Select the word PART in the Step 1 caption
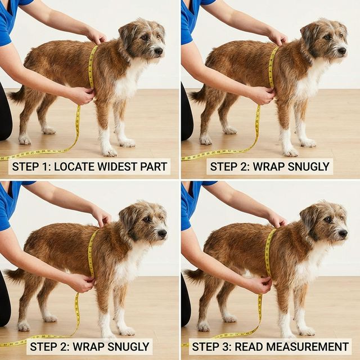155,166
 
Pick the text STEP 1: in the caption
32,166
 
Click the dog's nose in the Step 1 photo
159,51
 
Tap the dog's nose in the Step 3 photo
343,232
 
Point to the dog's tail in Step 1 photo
16,94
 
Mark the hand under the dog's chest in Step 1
82,95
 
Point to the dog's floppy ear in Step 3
309,218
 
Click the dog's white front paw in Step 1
109,151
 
